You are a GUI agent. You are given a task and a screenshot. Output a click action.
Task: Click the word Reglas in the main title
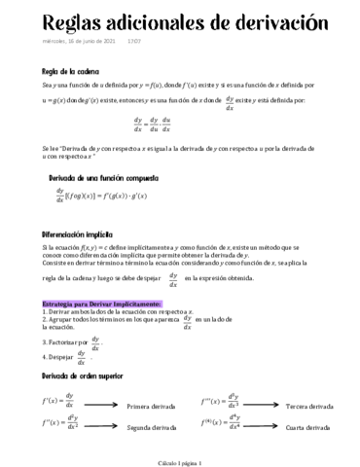[x=48, y=22]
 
